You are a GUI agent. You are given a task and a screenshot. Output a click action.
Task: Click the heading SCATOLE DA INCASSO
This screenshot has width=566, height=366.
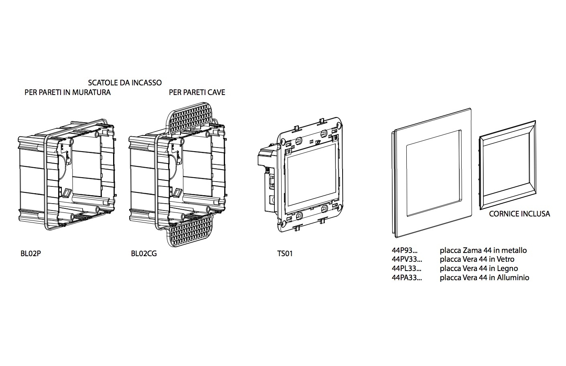(x=125, y=83)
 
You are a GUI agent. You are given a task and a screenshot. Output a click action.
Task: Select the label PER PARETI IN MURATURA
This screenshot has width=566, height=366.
(x=67, y=93)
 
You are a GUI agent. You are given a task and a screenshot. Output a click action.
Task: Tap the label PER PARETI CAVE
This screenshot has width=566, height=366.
(x=197, y=93)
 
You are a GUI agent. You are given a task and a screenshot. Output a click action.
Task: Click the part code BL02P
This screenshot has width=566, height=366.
(x=30, y=254)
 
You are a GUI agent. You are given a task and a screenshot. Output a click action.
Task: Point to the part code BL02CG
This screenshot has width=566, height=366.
(x=144, y=254)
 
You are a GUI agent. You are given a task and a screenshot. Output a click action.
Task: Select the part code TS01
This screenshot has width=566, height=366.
(x=285, y=254)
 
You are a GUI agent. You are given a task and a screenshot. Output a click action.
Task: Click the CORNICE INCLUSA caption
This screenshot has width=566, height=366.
(x=519, y=214)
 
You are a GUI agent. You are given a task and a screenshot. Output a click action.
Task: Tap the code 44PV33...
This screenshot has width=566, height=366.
(x=407, y=259)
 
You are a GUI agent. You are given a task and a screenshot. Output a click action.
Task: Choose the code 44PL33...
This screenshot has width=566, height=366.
(x=406, y=269)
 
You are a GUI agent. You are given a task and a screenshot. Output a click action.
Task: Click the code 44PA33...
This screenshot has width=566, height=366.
(x=407, y=277)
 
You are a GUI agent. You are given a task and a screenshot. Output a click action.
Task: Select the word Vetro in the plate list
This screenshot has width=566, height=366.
(x=505, y=259)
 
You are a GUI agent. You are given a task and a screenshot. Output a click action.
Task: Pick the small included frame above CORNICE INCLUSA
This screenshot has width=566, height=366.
(x=507, y=165)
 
